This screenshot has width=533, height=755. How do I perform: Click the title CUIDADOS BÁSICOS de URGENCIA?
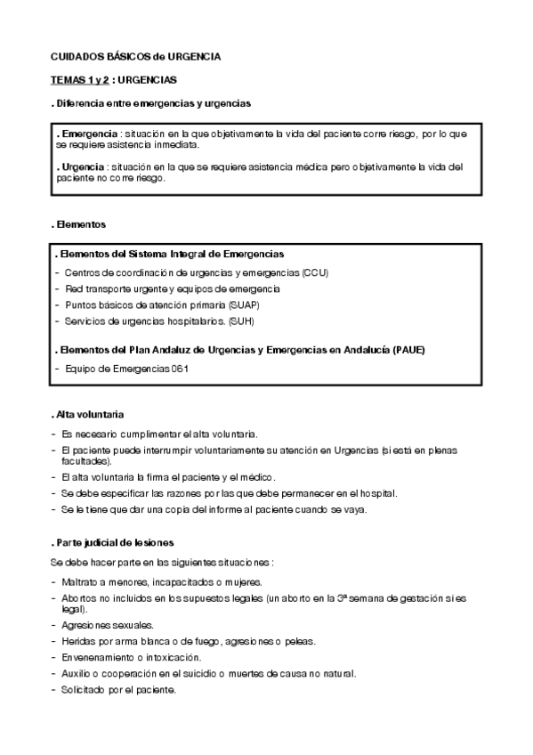click(x=135, y=56)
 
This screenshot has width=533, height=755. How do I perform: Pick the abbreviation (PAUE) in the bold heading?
click(x=408, y=350)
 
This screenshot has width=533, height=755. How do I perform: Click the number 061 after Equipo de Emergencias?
click(x=180, y=368)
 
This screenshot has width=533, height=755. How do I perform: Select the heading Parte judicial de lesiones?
click(x=112, y=542)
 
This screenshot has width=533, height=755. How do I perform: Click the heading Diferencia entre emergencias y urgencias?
click(x=150, y=103)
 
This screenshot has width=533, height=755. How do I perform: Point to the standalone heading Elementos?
click(x=79, y=224)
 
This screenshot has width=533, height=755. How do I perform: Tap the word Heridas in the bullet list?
click(x=78, y=641)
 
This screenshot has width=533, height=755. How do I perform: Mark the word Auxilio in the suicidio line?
click(x=77, y=673)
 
